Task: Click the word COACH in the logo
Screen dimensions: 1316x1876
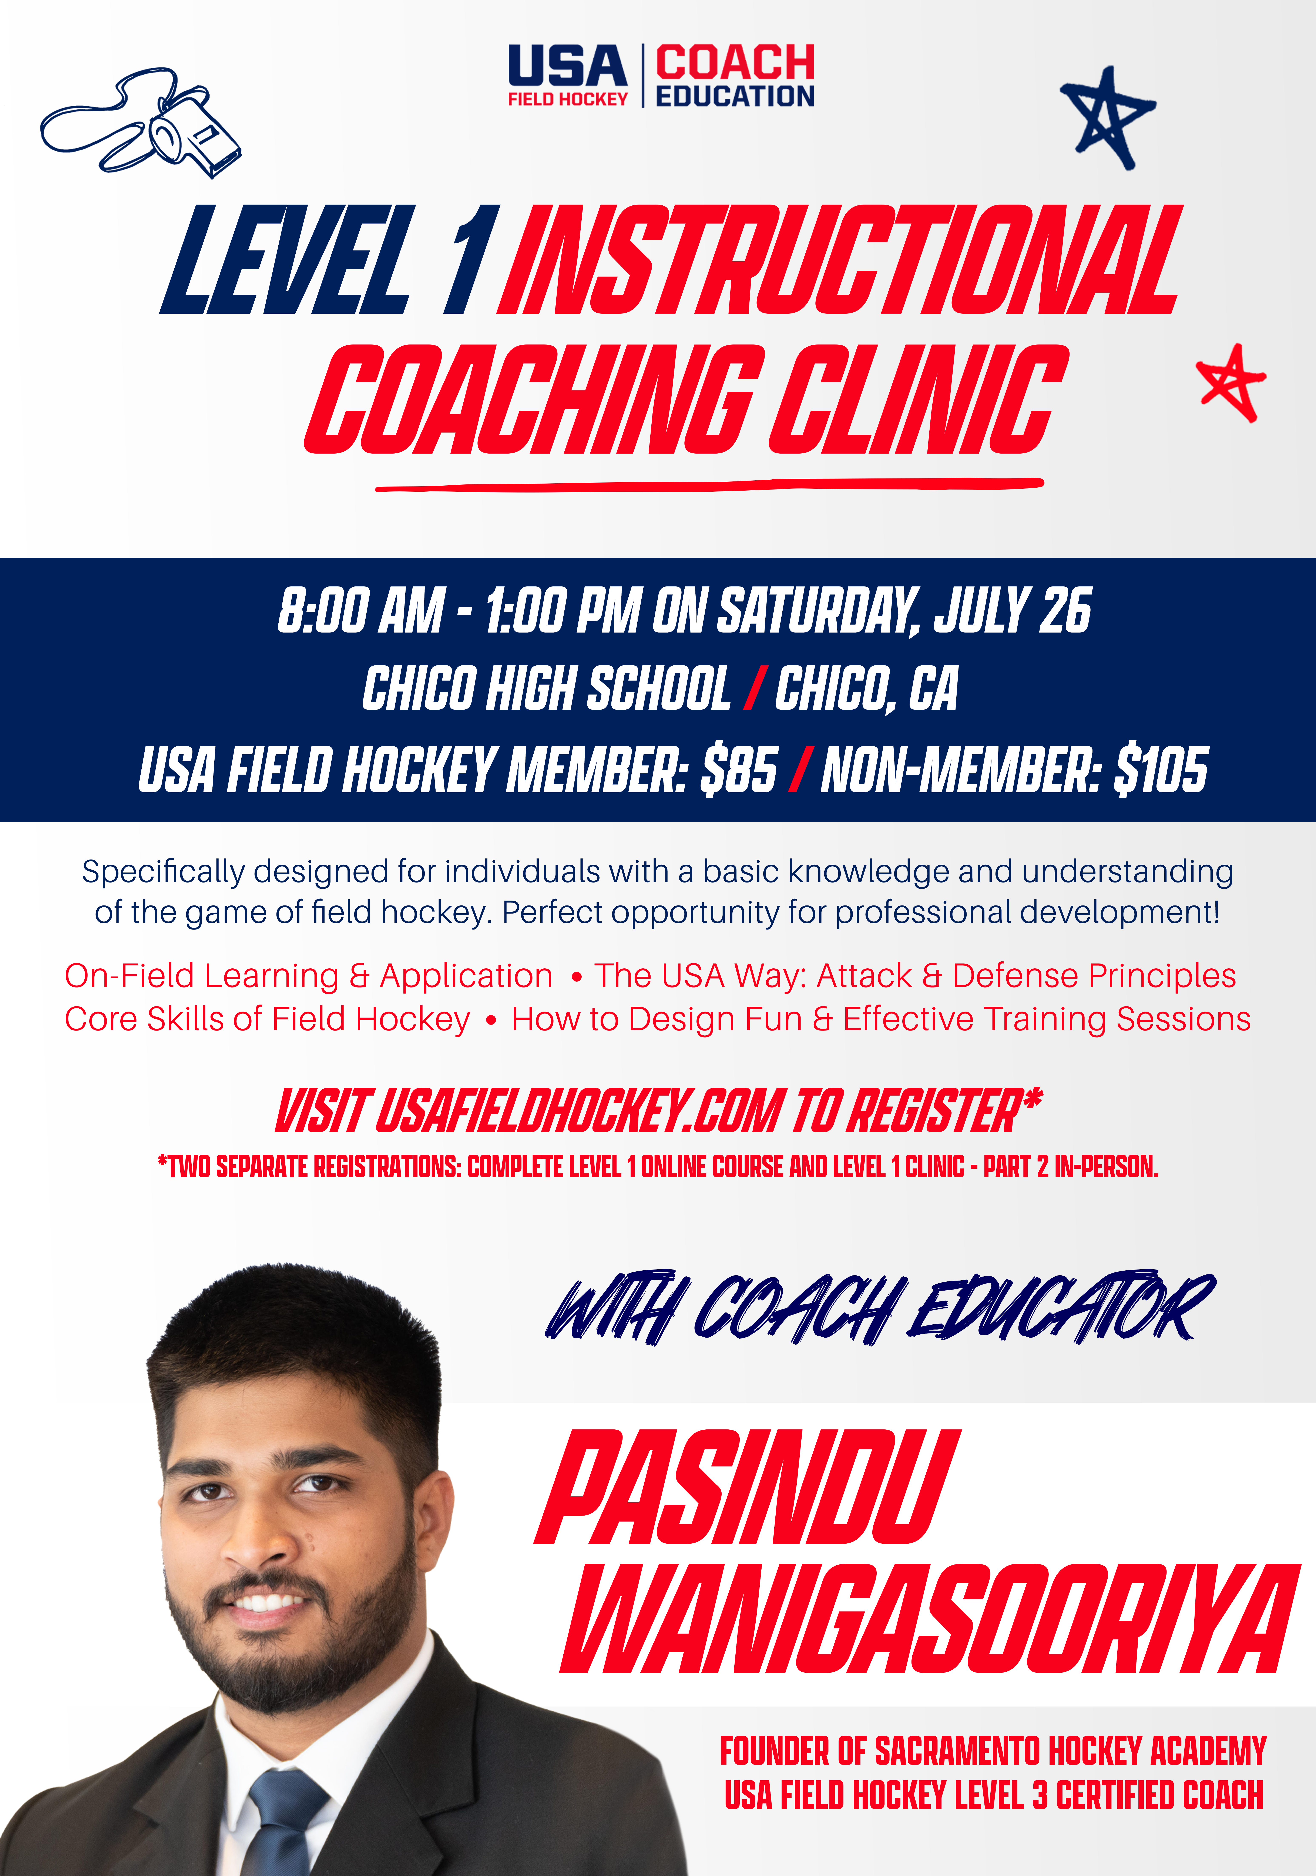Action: [x=735, y=63]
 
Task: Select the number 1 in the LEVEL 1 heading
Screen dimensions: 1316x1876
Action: [x=467, y=260]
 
